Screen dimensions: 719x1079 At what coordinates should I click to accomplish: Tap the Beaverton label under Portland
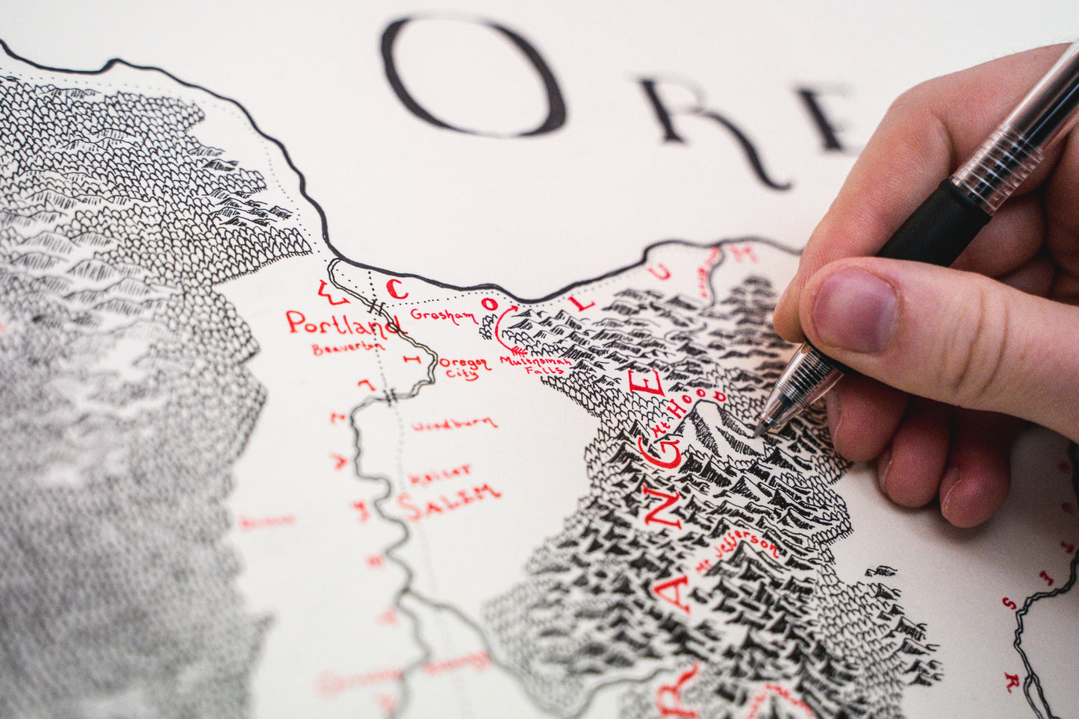(x=348, y=348)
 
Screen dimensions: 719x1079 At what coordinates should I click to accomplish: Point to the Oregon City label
(x=464, y=367)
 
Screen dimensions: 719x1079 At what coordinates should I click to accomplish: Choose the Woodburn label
(x=454, y=424)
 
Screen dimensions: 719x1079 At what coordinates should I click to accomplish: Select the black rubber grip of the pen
(x=933, y=224)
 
